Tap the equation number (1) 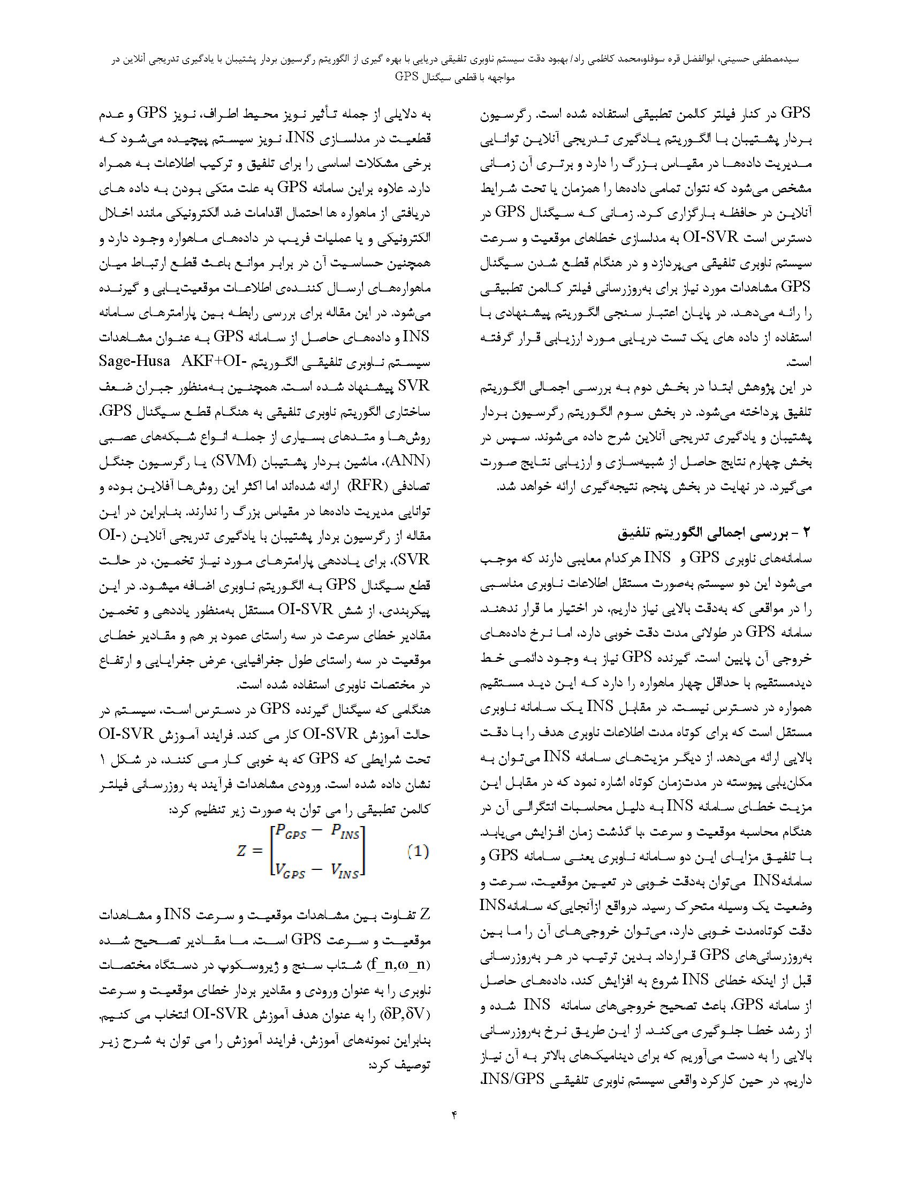[418, 852]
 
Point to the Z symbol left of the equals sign [241, 852]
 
